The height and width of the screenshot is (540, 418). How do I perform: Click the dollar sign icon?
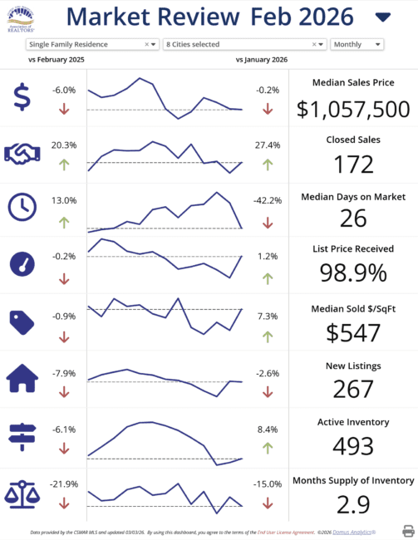pyautogui.click(x=22, y=97)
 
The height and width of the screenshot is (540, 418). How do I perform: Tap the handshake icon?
pyautogui.click(x=23, y=152)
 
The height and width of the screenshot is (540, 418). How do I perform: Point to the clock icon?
pyautogui.click(x=22, y=207)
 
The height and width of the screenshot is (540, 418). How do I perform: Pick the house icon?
pyautogui.click(x=22, y=379)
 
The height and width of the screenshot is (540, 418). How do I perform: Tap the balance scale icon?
pyautogui.click(x=22, y=493)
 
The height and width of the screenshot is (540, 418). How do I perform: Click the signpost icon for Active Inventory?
pyautogui.click(x=22, y=436)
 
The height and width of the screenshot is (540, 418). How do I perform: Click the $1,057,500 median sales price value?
pyautogui.click(x=353, y=109)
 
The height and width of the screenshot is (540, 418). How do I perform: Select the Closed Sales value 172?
pyautogui.click(x=353, y=164)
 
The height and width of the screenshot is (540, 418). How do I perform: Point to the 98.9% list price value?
pyautogui.click(x=353, y=272)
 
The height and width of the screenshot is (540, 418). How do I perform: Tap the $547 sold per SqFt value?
pyautogui.click(x=353, y=332)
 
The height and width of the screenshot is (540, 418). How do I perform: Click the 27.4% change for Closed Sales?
pyautogui.click(x=267, y=145)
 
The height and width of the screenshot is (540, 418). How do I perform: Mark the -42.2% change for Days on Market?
pyautogui.click(x=267, y=200)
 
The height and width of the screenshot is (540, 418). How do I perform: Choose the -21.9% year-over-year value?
pyautogui.click(x=64, y=484)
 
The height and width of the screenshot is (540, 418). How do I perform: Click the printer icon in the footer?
pyautogui.click(x=408, y=530)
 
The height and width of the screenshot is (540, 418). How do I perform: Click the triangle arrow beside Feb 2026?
pyautogui.click(x=383, y=17)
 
